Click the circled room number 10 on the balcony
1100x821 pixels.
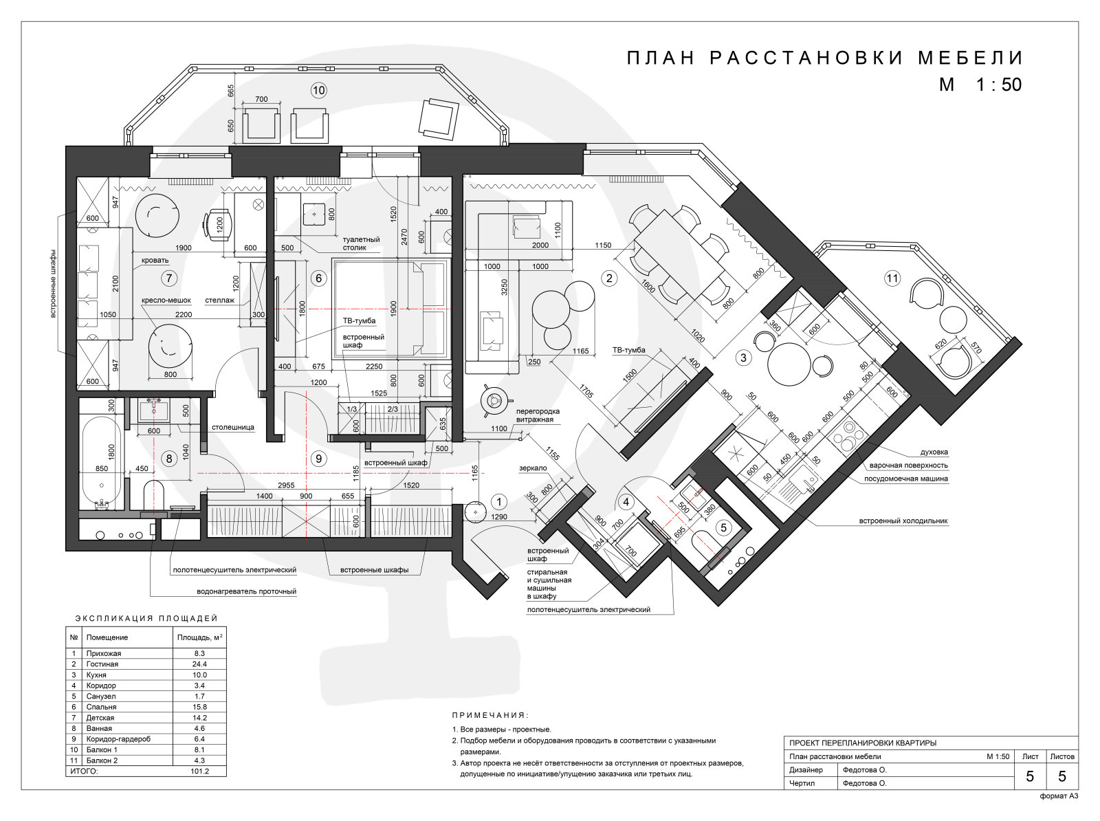pos(319,90)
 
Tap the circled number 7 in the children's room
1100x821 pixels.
pos(169,278)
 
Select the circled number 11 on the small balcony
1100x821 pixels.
pos(892,278)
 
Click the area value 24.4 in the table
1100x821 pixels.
pos(199,664)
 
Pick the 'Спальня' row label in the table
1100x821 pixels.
pos(101,707)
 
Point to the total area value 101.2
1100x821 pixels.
pos(199,771)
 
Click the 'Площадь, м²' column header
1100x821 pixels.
pos(200,637)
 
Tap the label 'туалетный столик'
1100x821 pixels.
pos(362,243)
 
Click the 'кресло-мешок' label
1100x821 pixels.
pos(166,300)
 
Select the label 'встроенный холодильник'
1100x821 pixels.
pos(903,521)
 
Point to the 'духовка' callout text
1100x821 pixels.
pos(934,452)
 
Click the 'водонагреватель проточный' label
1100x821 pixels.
pos(247,591)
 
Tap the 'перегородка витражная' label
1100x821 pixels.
pos(538,415)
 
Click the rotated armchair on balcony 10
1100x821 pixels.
pos(439,118)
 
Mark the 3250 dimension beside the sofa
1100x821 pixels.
pos(505,287)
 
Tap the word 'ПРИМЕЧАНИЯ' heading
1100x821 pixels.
pos(490,715)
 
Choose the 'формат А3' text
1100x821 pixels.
pos(1059,796)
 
